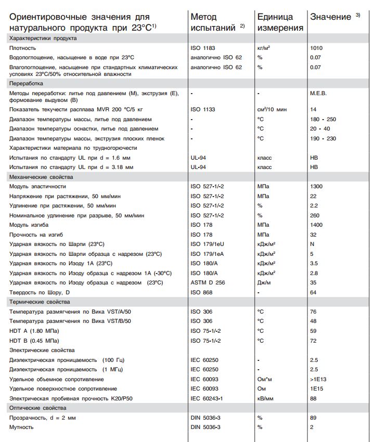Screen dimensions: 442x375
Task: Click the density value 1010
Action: click(316, 48)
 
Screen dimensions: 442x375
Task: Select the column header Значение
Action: click(331, 17)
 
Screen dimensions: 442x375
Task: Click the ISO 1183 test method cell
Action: click(203, 48)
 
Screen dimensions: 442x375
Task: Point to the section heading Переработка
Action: click(26, 83)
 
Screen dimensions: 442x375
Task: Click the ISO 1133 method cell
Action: click(203, 110)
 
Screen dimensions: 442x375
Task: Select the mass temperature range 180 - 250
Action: click(323, 119)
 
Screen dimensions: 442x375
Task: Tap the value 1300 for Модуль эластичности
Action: click(316, 186)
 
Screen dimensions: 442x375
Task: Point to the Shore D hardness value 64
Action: click(313, 292)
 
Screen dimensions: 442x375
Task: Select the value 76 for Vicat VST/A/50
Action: click(313, 311)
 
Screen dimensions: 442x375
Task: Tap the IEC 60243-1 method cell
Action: click(206, 398)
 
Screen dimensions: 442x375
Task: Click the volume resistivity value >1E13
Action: click(318, 379)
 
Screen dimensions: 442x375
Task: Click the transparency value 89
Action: click(313, 418)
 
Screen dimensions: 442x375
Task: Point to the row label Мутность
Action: click(21, 427)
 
